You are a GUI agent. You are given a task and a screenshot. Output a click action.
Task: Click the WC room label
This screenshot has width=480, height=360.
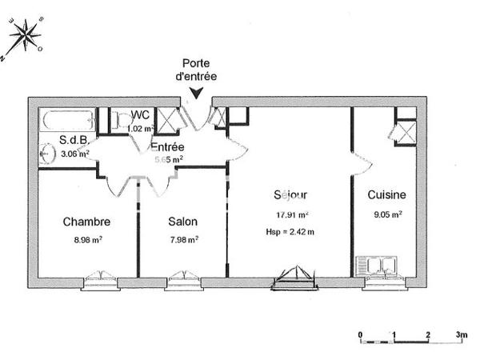point(140,115)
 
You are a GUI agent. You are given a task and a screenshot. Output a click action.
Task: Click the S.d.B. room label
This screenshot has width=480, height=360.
point(74,141)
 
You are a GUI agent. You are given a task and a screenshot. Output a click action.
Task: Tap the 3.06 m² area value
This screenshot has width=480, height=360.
point(74,154)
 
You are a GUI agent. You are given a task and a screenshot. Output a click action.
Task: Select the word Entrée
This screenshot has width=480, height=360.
point(168,147)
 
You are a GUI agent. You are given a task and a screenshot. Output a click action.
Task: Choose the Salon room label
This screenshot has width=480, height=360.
point(182,222)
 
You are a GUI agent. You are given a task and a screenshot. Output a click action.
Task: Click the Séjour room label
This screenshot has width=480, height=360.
point(289,194)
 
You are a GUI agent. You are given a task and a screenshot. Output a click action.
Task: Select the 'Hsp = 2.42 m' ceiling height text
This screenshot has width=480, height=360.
point(290,232)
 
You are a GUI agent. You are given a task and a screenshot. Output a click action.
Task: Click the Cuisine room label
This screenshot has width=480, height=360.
point(386,194)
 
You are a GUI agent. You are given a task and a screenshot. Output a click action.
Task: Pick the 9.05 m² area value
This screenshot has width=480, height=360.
point(386,214)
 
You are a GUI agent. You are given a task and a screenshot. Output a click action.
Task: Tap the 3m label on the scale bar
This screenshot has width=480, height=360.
point(461,334)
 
